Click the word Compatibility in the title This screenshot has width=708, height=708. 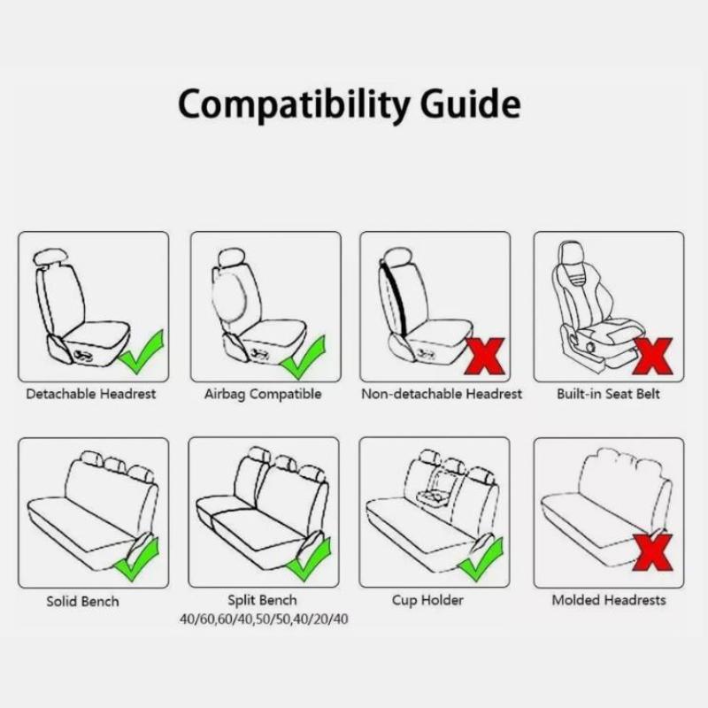coord(294,104)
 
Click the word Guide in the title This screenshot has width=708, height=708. coord(471,103)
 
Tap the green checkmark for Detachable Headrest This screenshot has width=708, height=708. coord(142,353)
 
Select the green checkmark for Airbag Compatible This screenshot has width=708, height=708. coord(303,358)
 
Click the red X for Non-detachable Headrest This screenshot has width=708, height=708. coord(484,357)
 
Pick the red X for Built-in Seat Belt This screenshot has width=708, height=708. coord(652,357)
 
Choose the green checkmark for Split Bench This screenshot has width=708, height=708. coord(309,559)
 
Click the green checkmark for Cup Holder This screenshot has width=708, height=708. coord(481,559)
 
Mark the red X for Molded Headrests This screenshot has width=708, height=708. coord(652,552)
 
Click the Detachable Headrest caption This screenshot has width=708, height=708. coord(91,394)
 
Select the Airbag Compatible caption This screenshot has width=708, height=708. coord(263,395)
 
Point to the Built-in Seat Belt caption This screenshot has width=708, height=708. coord(608,394)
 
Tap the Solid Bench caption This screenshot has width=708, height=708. coord(82,602)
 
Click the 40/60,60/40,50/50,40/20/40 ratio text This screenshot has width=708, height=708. coord(264,619)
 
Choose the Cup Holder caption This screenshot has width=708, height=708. coord(427,601)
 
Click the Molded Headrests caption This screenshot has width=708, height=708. coord(609,601)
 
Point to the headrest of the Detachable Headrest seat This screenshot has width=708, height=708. coord(50,258)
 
